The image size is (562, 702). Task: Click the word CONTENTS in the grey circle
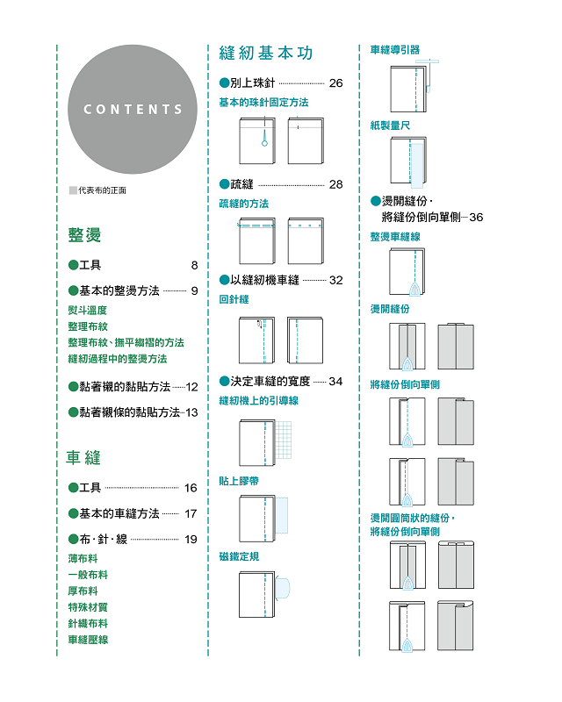pyautogui.click(x=133, y=109)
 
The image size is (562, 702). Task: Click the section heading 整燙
pyautogui.click(x=84, y=234)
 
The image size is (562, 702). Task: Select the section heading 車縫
pyautogui.click(x=83, y=457)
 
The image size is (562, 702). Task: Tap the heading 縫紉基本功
pyautogui.click(x=266, y=53)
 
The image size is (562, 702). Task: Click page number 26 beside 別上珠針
pyautogui.click(x=335, y=82)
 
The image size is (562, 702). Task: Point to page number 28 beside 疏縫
pyautogui.click(x=335, y=184)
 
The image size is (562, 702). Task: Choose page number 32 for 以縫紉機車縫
pyautogui.click(x=335, y=280)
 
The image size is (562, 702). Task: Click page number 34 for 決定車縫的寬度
pyautogui.click(x=335, y=382)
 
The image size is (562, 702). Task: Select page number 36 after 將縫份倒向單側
pyautogui.click(x=476, y=217)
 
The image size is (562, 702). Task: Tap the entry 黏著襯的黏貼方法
pyautogui.click(x=125, y=386)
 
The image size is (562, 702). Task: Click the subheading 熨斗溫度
pyautogui.click(x=88, y=311)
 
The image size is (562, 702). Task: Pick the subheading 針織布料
pyautogui.click(x=88, y=623)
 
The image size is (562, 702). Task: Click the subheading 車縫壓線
pyautogui.click(x=88, y=640)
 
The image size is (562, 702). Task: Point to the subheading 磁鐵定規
pyautogui.click(x=239, y=556)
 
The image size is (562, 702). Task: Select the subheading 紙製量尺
pyautogui.click(x=390, y=125)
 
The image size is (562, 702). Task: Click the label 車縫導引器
pyautogui.click(x=395, y=50)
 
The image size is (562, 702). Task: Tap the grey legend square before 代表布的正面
pyautogui.click(x=73, y=190)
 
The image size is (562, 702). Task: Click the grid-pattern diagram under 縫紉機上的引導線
pyautogui.click(x=283, y=440)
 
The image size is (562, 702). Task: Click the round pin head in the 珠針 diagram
pyautogui.click(x=264, y=143)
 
